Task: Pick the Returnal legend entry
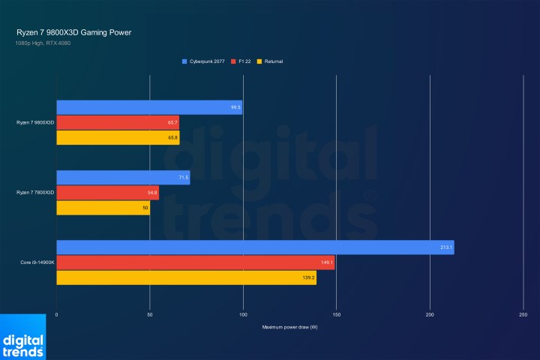pyautogui.click(x=270, y=61)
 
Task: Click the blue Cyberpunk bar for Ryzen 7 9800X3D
pyautogui.click(x=148, y=107)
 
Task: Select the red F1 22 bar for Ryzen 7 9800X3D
pyautogui.click(x=117, y=122)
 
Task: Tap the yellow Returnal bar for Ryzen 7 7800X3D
pyautogui.click(x=103, y=208)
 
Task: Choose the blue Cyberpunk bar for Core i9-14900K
pyautogui.click(x=255, y=247)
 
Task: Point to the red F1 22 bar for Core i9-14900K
pyautogui.click(x=195, y=262)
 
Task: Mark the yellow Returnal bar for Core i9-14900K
pyautogui.click(x=186, y=277)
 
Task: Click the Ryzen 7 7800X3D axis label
pyautogui.click(x=36, y=193)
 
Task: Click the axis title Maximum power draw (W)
pyautogui.click(x=289, y=328)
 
